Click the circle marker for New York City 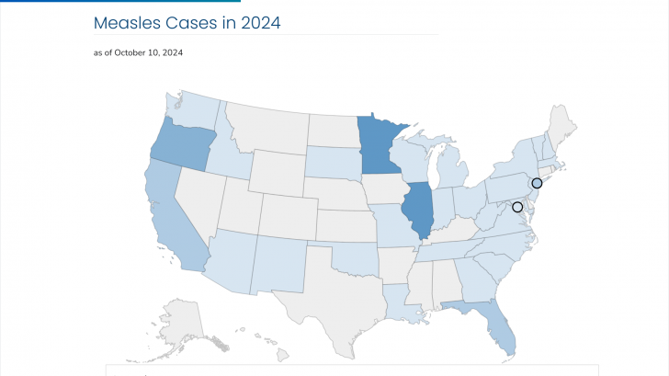pos(537,183)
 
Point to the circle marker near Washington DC pos(517,207)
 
